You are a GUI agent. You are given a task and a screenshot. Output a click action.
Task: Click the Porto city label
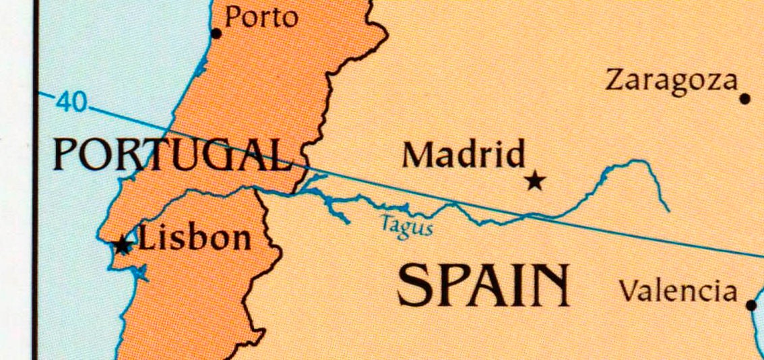(x=261, y=17)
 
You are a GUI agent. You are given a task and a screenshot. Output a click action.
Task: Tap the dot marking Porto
(x=216, y=33)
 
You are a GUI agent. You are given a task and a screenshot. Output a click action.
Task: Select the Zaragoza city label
(x=672, y=80)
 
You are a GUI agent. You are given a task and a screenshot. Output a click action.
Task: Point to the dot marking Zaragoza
(x=744, y=98)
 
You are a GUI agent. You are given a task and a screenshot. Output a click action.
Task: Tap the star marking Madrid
(x=535, y=180)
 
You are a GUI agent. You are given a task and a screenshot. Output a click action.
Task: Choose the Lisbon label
(x=195, y=238)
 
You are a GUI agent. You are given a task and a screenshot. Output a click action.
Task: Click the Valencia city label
(x=678, y=291)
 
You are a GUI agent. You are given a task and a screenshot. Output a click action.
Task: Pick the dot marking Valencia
(x=752, y=305)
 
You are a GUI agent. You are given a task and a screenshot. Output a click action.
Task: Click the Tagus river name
(x=406, y=224)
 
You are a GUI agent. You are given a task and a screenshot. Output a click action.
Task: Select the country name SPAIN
(x=482, y=285)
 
